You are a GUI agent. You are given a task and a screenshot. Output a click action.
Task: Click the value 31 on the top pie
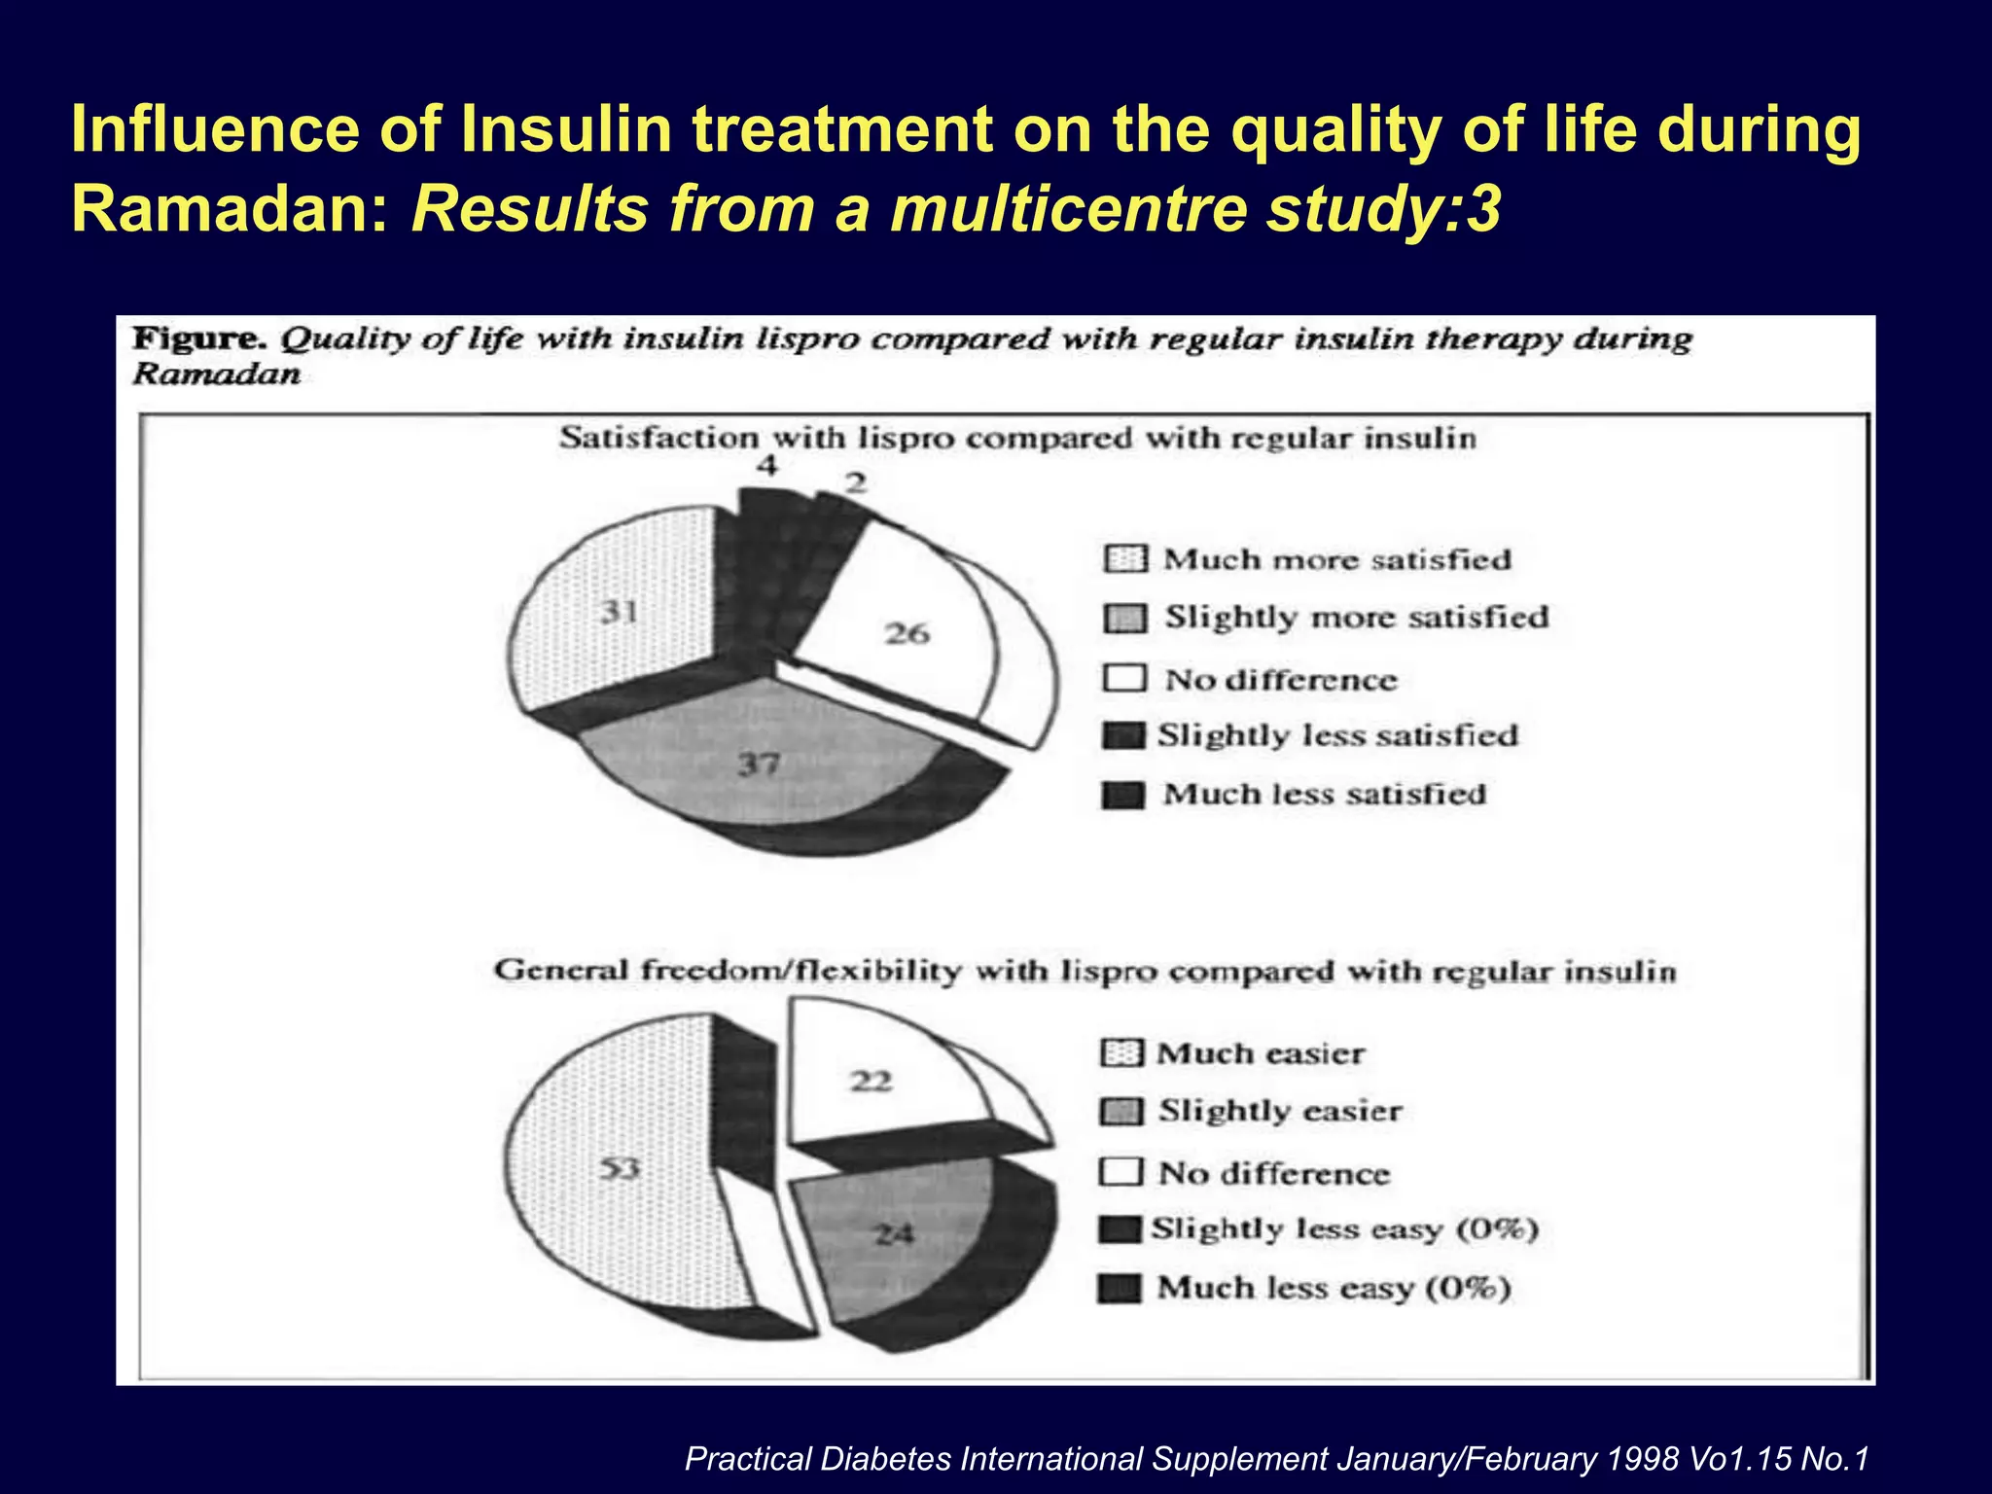coord(619,612)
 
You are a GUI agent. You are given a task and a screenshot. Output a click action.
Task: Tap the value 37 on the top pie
coord(759,765)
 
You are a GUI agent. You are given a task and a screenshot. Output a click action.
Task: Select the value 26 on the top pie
coord(907,634)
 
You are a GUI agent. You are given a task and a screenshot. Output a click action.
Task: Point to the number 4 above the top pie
coord(768,466)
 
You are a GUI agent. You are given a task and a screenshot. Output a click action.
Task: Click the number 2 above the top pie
coord(855,482)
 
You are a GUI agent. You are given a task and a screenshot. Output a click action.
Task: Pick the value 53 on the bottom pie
coord(619,1167)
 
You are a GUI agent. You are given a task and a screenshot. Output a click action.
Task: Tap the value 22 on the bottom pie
coord(871,1081)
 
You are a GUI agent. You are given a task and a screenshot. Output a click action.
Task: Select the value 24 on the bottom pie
coord(894,1234)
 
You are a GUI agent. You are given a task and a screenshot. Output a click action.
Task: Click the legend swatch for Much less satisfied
coord(1123,796)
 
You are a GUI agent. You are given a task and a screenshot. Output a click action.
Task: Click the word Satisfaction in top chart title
coord(659,439)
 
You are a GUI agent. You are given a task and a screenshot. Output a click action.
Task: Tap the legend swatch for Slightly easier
coord(1120,1112)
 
